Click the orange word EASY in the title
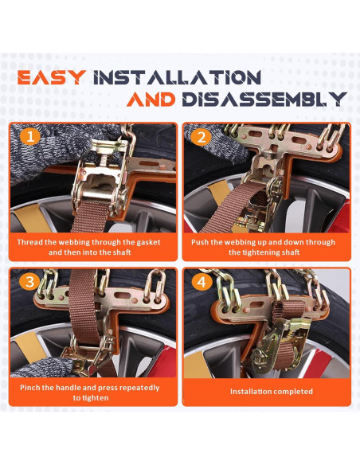pos(52,77)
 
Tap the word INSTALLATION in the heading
pos(177,77)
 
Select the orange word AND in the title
pos(151,100)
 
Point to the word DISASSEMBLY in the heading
pos(264,100)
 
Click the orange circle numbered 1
pos(30,137)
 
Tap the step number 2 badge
pos(202,137)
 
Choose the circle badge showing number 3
pos(30,282)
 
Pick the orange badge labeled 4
pos(202,282)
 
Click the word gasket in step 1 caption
pos(148,243)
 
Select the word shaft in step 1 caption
pos(122,252)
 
